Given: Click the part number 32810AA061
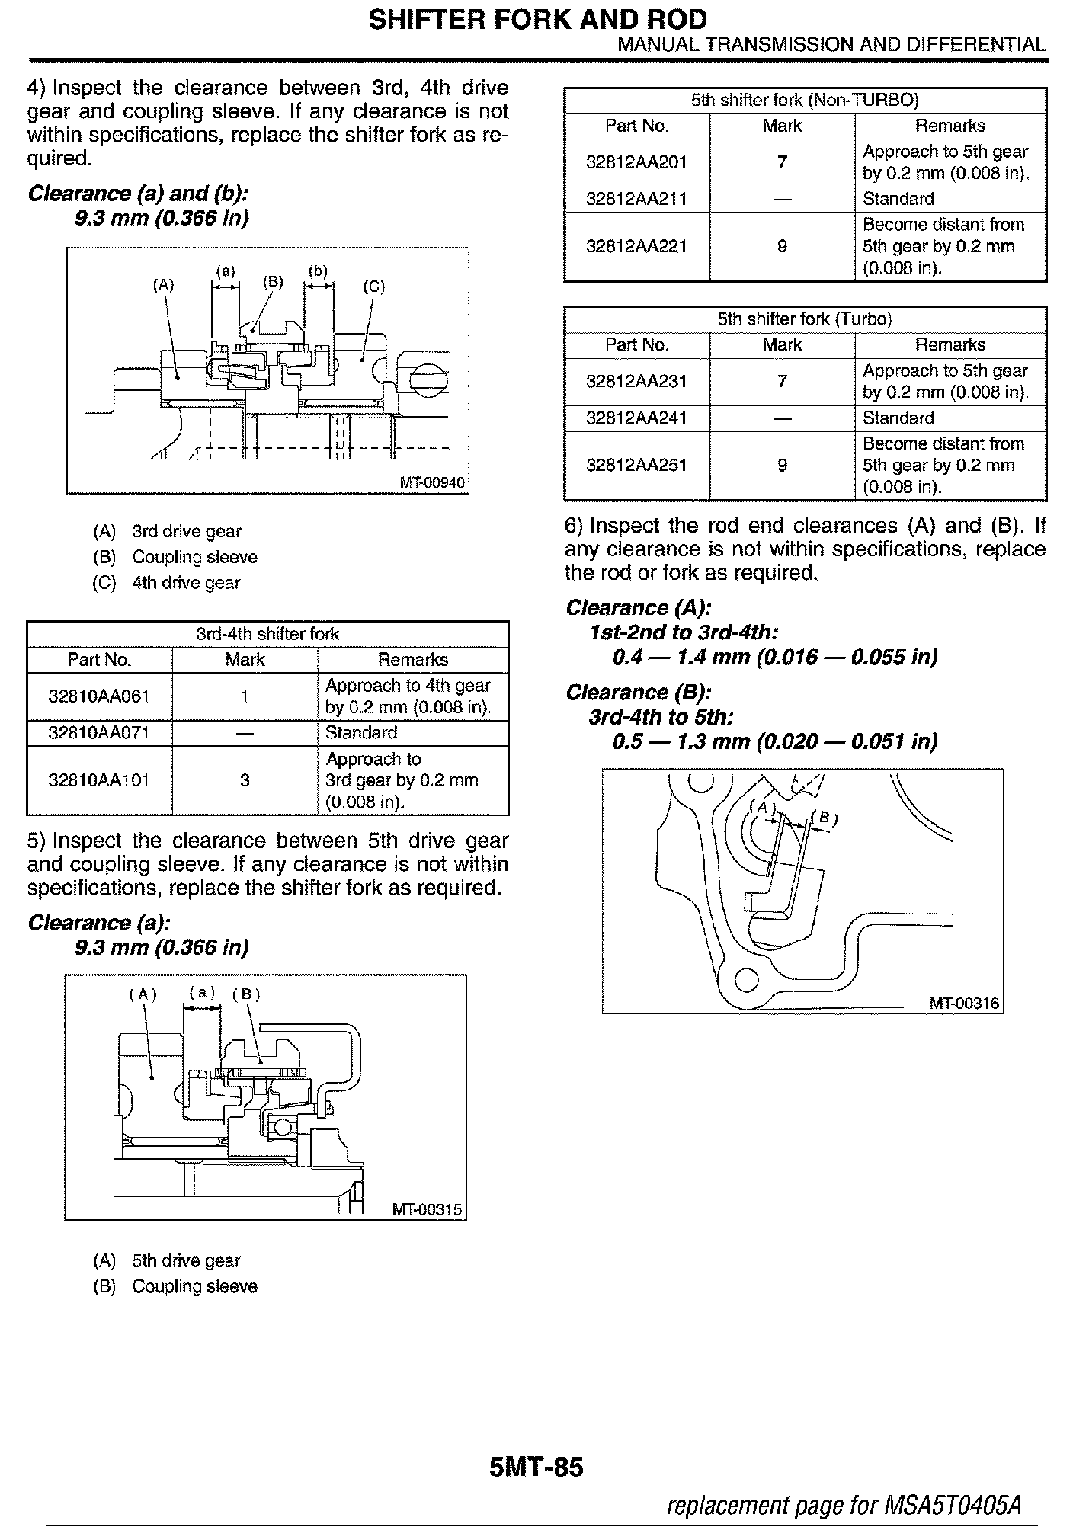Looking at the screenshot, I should point(99,696).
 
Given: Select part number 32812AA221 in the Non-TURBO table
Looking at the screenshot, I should point(636,246).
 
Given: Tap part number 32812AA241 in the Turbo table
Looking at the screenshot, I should point(636,418).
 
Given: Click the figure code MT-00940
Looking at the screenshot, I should point(431,483).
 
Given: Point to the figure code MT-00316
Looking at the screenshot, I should point(963,1003).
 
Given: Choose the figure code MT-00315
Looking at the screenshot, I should point(427,1209).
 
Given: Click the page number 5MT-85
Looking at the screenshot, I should point(536,1467).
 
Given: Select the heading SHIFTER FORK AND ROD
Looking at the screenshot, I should point(537,19).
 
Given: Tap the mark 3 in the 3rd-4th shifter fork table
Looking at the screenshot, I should point(245,780).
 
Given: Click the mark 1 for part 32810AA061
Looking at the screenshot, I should point(245,696).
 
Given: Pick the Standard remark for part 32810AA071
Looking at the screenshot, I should point(360,732).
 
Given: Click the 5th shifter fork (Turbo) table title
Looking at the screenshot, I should point(805,319).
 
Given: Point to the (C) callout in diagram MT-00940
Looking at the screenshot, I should point(373,287).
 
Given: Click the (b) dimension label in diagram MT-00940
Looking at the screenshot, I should point(318,271).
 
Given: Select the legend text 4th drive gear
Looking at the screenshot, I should point(186,583).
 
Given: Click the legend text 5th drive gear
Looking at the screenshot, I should point(186,1261).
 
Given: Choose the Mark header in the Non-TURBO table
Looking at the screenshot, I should point(782,126).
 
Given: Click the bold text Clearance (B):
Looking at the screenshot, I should point(638,692).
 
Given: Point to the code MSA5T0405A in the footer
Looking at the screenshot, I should point(952,1505).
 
